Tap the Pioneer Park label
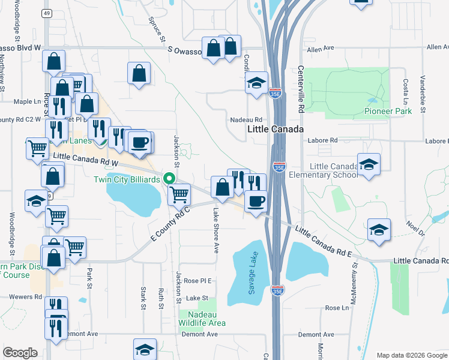[388, 111]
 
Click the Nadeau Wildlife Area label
[202, 319]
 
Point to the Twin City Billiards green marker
[170, 178]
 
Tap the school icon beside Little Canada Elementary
[369, 163]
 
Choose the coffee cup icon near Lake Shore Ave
[256, 201]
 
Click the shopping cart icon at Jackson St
[179, 194]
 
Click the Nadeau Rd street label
[247, 119]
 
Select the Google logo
[20, 353]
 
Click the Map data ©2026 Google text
[411, 355]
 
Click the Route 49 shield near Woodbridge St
[47, 13]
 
